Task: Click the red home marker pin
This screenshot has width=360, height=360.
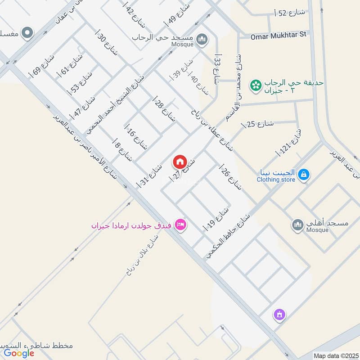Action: click(x=180, y=161)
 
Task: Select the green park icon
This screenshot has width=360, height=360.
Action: click(x=256, y=85)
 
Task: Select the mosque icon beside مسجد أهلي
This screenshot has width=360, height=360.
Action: click(x=297, y=224)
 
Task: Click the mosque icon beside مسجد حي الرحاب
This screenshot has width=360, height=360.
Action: click(x=202, y=39)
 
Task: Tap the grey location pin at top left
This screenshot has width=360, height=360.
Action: click(x=27, y=32)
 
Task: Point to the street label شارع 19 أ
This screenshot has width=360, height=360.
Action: click(x=217, y=218)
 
